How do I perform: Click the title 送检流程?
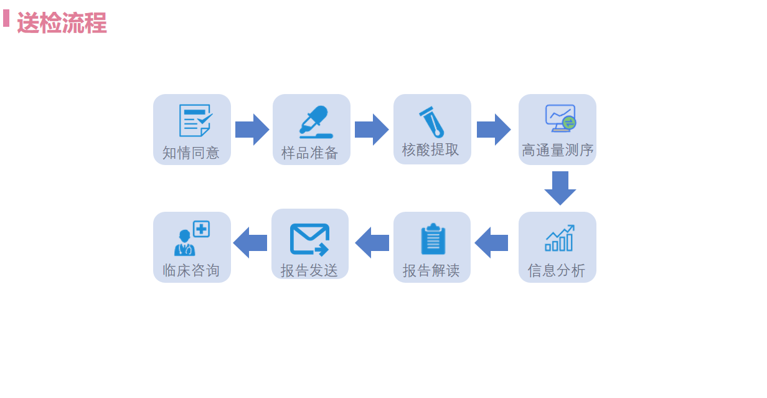coord(62,23)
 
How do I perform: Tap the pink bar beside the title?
coord(6,18)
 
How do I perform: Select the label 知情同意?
coord(191,153)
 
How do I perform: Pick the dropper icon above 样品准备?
coord(316,122)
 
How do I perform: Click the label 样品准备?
coord(310,153)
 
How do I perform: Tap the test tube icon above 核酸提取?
coord(432,122)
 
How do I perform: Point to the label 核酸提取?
coord(430,149)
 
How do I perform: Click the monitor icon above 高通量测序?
coord(560,118)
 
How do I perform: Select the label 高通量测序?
coord(558,150)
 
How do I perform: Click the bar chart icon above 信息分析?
coord(560,238)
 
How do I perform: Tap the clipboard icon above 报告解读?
coord(433,239)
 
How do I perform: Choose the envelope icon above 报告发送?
coord(310,240)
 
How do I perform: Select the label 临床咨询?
coord(191,270)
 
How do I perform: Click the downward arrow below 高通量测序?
coord(560,188)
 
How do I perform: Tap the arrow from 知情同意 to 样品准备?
coord(252,130)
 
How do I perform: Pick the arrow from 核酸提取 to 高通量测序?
coord(494,130)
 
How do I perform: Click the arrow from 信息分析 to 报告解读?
coord(491,242)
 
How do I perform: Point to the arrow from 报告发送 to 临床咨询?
coord(250,242)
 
